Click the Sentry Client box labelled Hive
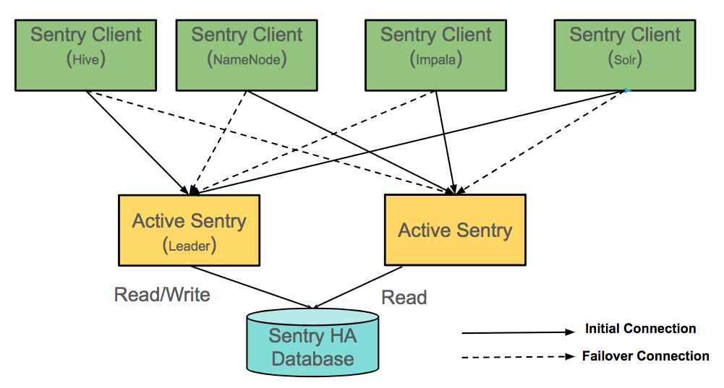pyautogui.click(x=86, y=55)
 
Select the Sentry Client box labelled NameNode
pyautogui.click(x=247, y=55)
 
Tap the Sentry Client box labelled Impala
pyautogui.click(x=436, y=55)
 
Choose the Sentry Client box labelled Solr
pyautogui.click(x=625, y=55)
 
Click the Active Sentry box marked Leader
pyautogui.click(x=189, y=230)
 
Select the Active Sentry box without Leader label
pyautogui.click(x=455, y=230)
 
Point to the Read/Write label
pyautogui.click(x=162, y=295)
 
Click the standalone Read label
pyautogui.click(x=404, y=298)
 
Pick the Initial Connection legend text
pyautogui.click(x=640, y=329)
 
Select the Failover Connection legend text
pyautogui.click(x=645, y=356)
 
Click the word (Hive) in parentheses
pyautogui.click(x=86, y=60)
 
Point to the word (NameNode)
pyautogui.click(x=247, y=60)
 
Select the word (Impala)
pyautogui.click(x=436, y=60)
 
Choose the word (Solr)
pyautogui.click(x=625, y=60)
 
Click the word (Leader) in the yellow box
pyautogui.click(x=189, y=246)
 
